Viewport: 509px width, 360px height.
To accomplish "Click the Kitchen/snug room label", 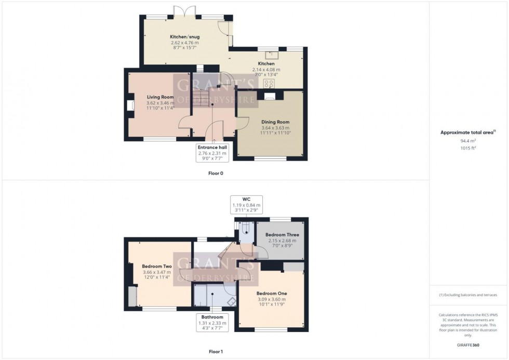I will [x=184, y=37].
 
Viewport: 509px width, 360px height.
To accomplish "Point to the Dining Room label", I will [x=275, y=122].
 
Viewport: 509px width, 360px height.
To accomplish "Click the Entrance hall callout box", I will [x=212, y=153].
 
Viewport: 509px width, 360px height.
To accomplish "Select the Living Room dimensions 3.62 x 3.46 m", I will [x=160, y=103].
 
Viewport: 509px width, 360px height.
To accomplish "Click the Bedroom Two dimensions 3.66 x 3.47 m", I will [x=158, y=272].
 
